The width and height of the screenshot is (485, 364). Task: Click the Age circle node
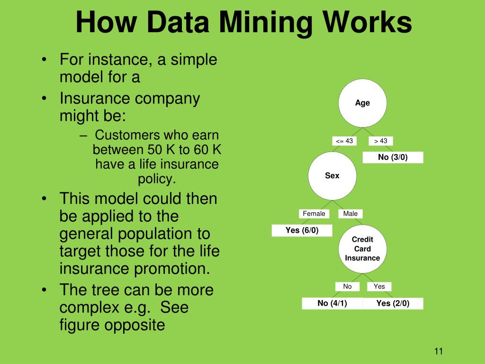tap(362, 103)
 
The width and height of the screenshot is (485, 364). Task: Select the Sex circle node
tap(332, 175)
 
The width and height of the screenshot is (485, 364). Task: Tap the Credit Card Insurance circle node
tap(362, 248)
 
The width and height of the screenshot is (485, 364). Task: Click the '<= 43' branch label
tap(344, 141)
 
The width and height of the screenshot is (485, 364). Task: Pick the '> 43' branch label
tap(381, 141)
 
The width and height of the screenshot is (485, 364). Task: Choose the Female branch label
tap(314, 214)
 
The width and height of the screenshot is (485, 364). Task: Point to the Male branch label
tap(350, 214)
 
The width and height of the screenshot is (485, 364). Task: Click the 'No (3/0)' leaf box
tap(393, 157)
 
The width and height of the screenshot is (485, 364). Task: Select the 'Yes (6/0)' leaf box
tap(302, 230)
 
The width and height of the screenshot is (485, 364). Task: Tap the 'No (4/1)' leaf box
tap(332, 303)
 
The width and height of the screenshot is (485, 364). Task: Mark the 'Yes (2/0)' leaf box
tap(393, 303)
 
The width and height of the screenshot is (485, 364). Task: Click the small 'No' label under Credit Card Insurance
tap(348, 286)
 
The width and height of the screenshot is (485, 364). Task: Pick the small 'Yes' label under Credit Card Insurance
tap(379, 286)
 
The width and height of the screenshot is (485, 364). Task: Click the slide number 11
tap(438, 351)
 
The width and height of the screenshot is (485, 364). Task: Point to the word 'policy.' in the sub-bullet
tap(157, 179)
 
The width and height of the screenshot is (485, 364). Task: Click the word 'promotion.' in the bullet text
tap(173, 268)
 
